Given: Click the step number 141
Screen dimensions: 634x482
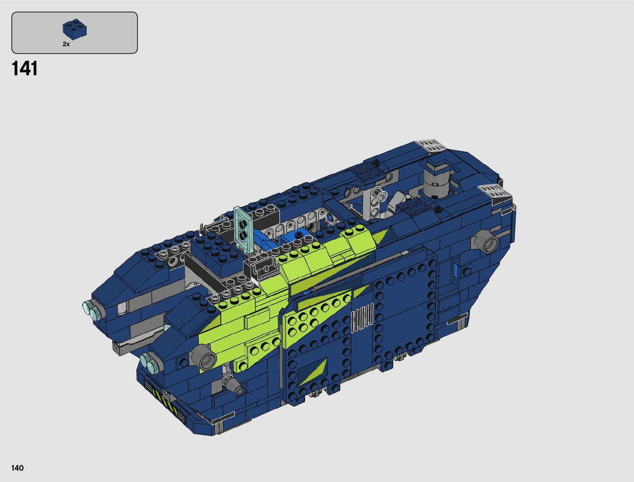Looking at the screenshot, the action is (25, 69).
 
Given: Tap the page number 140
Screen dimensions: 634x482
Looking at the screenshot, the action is (17, 468).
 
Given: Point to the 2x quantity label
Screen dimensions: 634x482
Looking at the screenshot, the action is (66, 44).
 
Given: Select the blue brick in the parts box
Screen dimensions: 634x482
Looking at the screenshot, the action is (75, 29).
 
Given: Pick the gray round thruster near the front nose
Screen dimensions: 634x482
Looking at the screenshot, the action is (204, 358).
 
